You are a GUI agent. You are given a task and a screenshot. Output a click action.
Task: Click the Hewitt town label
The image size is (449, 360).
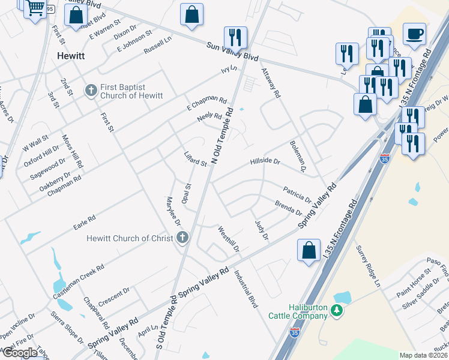coord(71,56)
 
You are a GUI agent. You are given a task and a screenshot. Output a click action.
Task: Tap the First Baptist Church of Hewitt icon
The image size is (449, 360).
coord(91,91)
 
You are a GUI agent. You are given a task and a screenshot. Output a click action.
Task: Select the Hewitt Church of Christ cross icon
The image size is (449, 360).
coord(182,238)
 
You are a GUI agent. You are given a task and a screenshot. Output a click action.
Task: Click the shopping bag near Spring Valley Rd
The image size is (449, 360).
coord(309,250)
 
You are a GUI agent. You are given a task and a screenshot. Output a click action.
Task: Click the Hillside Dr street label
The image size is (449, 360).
coord(265,162)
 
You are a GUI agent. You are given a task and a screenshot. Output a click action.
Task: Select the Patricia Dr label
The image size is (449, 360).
coord(297,193)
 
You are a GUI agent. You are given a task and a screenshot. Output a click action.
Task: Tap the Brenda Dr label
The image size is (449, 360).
coord(288,208)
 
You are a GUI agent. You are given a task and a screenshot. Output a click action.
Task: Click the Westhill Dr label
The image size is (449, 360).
coord(229,239)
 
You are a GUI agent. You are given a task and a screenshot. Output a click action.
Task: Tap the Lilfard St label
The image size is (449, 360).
coord(195,159)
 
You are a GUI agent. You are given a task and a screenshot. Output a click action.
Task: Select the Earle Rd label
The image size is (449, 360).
coord(84,222)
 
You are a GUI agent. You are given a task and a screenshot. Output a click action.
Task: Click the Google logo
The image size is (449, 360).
coord(20,353)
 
